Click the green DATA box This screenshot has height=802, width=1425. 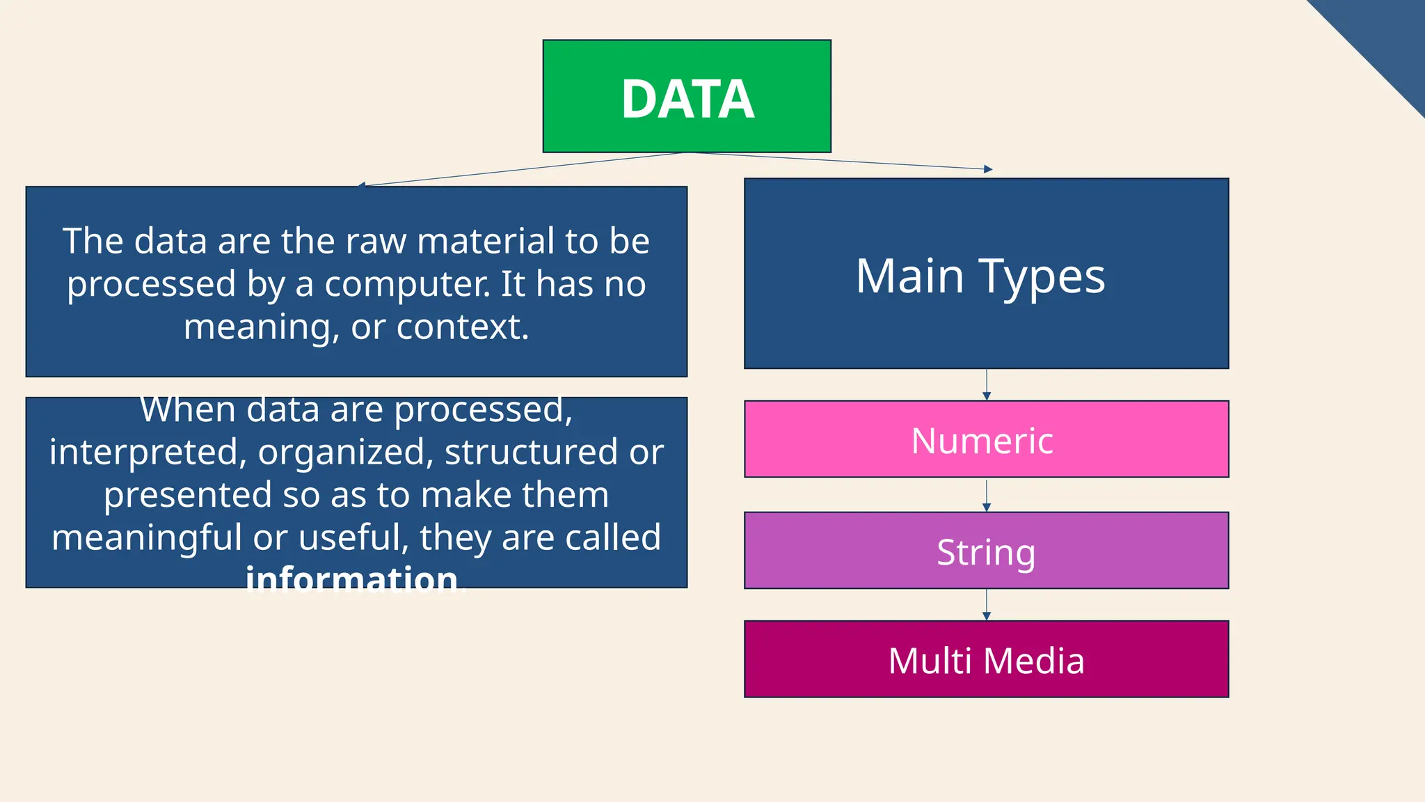pyautogui.click(x=687, y=96)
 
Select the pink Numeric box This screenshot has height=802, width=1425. pyautogui.click(x=986, y=439)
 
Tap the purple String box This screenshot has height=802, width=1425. pyautogui.click(x=986, y=551)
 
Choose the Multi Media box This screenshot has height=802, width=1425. pyautogui.click(x=986, y=659)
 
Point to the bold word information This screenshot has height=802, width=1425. pyautogui.click(x=352, y=579)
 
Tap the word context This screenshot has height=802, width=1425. pyautogui.click(x=462, y=327)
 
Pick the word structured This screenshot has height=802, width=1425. pyautogui.click(x=532, y=453)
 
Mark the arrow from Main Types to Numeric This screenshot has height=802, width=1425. pyautogui.click(x=986, y=385)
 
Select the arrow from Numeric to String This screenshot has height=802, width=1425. pyautogui.click(x=986, y=495)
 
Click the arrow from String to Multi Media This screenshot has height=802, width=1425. pyautogui.click(x=986, y=605)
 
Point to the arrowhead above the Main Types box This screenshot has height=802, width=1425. pyautogui.click(x=988, y=169)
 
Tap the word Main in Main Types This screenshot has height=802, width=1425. pyautogui.click(x=909, y=277)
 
